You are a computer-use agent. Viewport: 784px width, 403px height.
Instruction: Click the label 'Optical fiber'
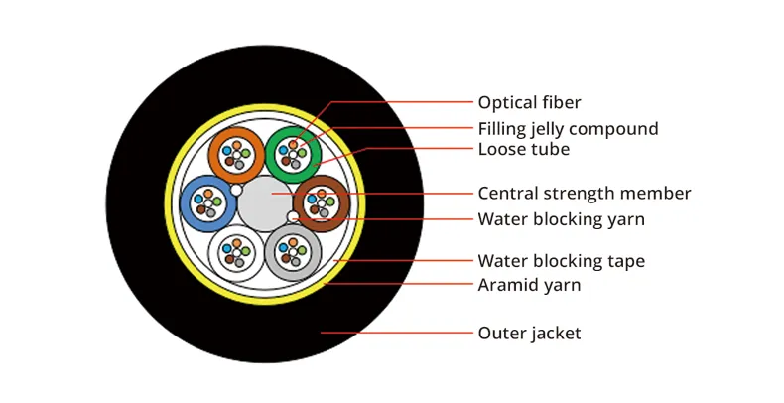(529, 103)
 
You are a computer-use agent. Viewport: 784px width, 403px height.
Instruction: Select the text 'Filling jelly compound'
(568, 129)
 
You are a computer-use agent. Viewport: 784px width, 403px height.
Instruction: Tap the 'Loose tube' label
(523, 150)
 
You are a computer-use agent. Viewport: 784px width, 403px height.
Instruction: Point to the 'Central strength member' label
(584, 194)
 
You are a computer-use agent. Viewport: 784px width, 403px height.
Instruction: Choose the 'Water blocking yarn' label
(569, 219)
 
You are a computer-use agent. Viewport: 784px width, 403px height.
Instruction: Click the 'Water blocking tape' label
(561, 262)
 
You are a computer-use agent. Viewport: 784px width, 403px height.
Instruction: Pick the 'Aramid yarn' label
(529, 286)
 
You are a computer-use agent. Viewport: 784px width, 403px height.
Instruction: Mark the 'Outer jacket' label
(529, 334)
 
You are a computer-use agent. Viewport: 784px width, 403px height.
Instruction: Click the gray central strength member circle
(265, 203)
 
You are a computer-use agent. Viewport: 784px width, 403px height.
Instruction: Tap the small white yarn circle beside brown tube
(293, 216)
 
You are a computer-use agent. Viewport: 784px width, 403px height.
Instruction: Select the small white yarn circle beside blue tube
(236, 190)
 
